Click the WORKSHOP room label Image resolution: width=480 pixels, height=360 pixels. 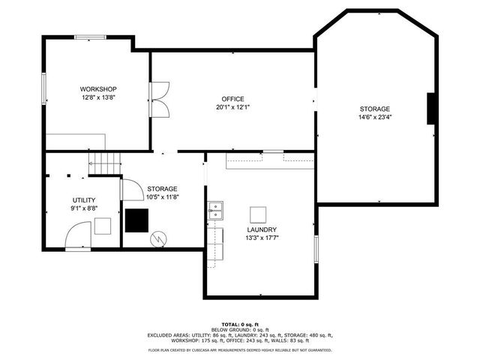point(97,89)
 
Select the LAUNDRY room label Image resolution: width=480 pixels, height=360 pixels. point(262,229)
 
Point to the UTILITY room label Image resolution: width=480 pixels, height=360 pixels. point(83,199)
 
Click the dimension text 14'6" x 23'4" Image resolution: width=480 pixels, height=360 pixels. point(374,117)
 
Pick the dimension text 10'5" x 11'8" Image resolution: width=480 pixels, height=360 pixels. point(162,196)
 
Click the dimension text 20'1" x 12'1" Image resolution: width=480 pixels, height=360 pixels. point(232,107)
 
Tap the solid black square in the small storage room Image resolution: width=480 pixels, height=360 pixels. point(136,220)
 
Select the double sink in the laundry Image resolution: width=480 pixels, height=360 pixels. point(215,210)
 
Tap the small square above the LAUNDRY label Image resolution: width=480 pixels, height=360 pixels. point(259,213)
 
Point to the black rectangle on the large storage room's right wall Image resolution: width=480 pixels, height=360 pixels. point(431,109)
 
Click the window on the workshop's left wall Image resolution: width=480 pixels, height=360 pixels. point(44,88)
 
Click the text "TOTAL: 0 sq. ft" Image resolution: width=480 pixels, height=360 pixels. point(239,323)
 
